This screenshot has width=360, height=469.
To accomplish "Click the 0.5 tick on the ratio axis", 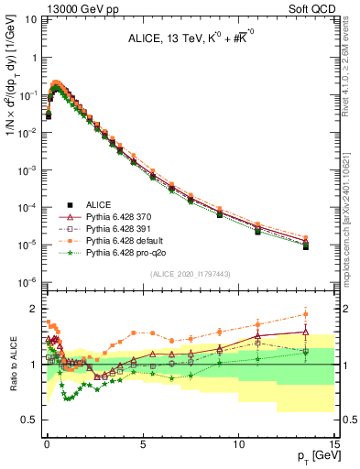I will click(x=30, y=420).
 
